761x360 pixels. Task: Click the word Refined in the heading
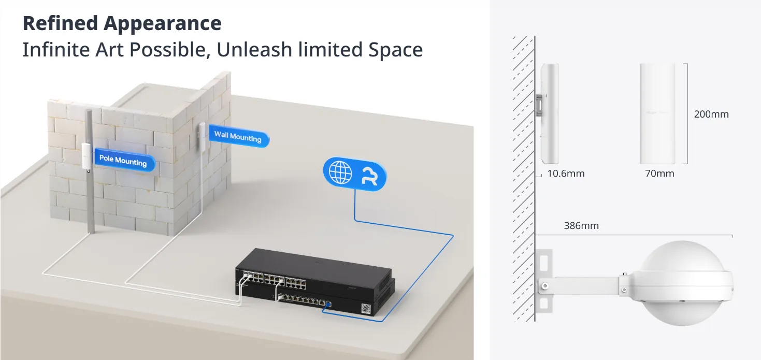60,23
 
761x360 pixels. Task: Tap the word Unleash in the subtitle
254,50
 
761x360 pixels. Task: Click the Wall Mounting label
239,136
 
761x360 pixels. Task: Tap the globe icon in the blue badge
340,172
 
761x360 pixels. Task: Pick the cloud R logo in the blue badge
370,176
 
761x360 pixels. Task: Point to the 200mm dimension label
711,114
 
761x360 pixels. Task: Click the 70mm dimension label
659,174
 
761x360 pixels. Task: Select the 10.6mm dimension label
566,174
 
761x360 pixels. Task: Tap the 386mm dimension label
581,225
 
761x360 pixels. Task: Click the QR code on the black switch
366,308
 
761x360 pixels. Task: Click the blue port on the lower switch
328,304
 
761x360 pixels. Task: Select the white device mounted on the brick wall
202,135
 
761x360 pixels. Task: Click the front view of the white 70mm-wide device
657,113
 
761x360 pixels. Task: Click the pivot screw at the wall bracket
545,286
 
